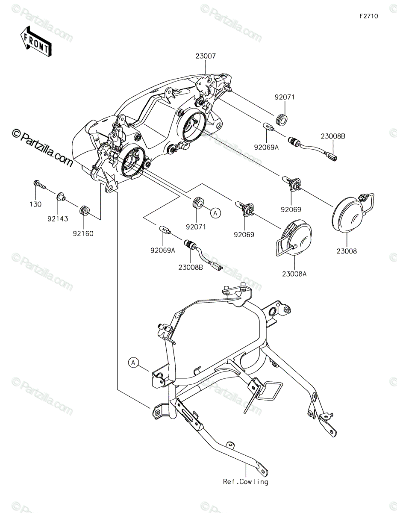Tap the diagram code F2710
(x=369, y=16)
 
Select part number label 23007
(x=206, y=56)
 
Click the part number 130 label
(x=35, y=204)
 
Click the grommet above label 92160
(x=84, y=211)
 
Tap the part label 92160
(x=83, y=233)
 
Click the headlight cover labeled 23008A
(x=294, y=238)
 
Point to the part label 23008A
(x=294, y=274)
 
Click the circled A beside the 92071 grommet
(x=215, y=213)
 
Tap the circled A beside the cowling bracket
(x=133, y=369)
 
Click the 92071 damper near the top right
(x=282, y=120)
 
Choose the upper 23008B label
(x=333, y=136)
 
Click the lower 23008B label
(x=191, y=268)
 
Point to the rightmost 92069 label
(x=291, y=209)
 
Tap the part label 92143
(x=58, y=219)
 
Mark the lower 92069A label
(x=163, y=251)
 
